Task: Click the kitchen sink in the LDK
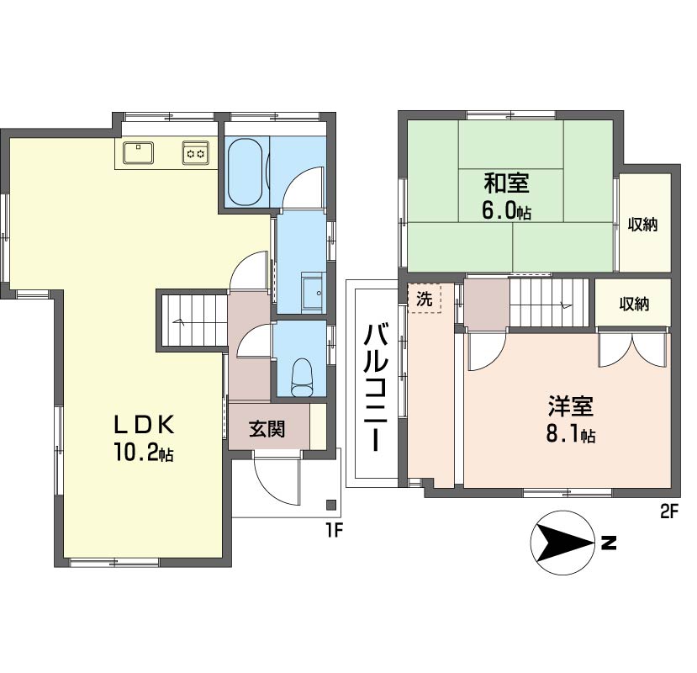click(x=139, y=152)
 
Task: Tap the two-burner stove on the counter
click(x=195, y=153)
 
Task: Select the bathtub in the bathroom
click(x=246, y=171)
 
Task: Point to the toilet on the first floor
click(x=300, y=374)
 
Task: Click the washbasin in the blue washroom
click(x=312, y=292)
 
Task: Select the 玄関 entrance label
click(x=267, y=428)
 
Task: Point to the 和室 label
click(x=506, y=182)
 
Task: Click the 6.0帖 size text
click(x=506, y=210)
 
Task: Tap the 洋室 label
click(x=571, y=406)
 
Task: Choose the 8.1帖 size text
click(x=571, y=435)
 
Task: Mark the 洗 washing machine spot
click(x=425, y=298)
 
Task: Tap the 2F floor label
click(x=668, y=511)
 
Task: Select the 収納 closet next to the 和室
click(x=643, y=225)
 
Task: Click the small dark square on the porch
click(x=330, y=506)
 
